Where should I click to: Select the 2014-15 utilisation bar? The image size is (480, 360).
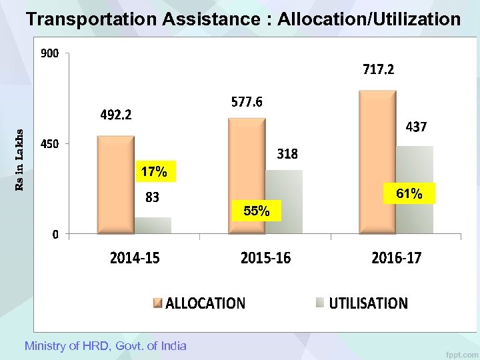click(153, 225)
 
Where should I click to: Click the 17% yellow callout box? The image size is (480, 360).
click(154, 172)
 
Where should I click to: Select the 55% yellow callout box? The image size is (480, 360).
click(257, 211)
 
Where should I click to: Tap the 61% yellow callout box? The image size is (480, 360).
click(409, 194)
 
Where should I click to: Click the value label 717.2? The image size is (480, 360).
click(378, 69)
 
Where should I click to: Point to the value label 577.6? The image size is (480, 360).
click(247, 102)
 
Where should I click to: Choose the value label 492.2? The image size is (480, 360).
click(116, 115)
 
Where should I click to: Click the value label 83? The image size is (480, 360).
click(153, 197)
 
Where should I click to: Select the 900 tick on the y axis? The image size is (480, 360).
click(49, 54)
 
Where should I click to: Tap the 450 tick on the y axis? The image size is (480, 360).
click(49, 144)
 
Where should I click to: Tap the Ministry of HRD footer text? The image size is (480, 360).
click(105, 345)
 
